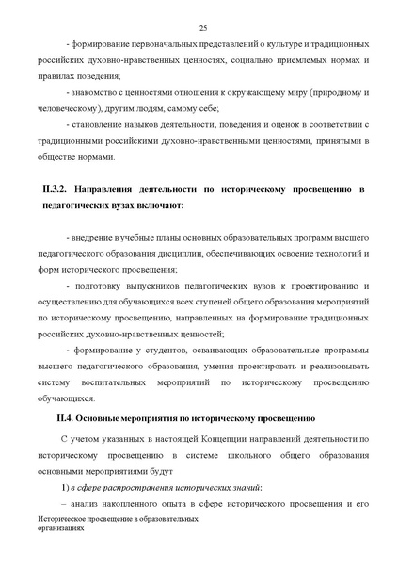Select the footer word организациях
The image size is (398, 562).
[x=62, y=528]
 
